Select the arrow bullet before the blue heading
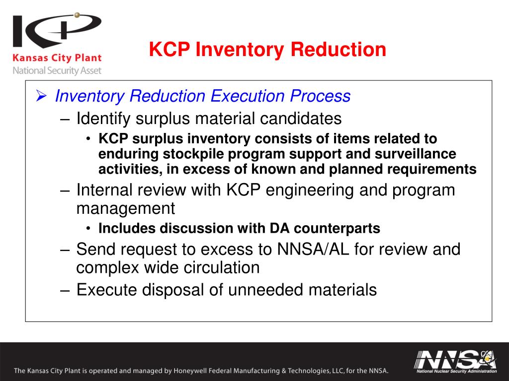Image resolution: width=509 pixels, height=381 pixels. (x=42, y=96)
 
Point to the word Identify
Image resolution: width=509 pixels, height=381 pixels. (x=103, y=119)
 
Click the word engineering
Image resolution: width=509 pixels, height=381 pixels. (x=313, y=190)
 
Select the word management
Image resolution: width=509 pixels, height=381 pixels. (x=125, y=208)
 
